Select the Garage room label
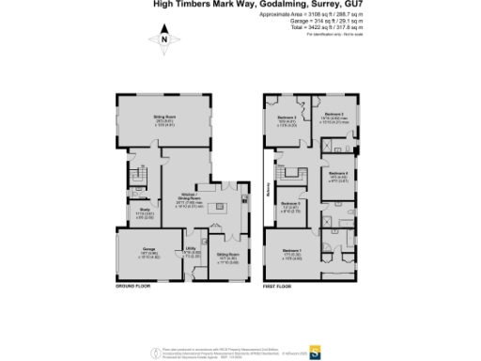click(137, 256)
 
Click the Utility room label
click(190, 250)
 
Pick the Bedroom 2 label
click(334, 117)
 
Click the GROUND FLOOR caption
click(133, 284)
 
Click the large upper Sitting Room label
click(165, 119)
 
